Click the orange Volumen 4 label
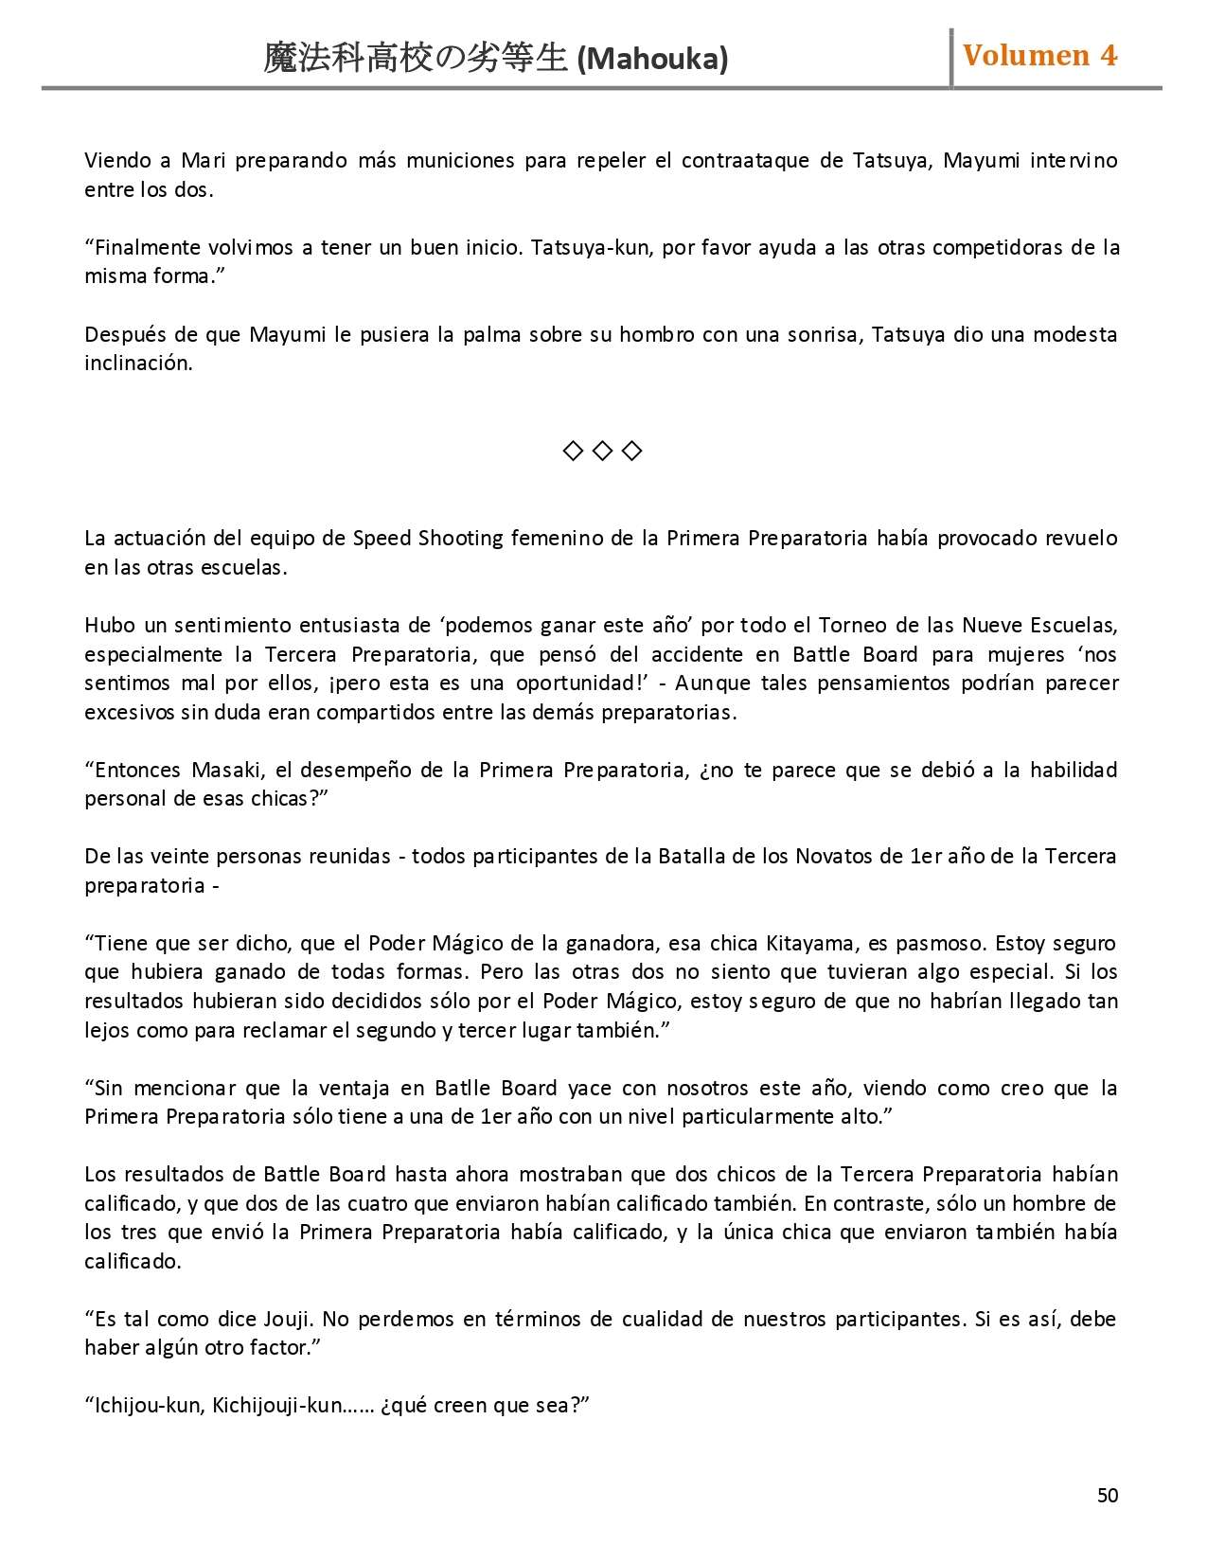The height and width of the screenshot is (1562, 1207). [1039, 56]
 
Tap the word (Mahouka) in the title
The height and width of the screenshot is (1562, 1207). [652, 60]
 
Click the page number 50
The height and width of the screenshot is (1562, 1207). [1107, 1495]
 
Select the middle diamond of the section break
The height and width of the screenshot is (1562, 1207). [602, 451]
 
